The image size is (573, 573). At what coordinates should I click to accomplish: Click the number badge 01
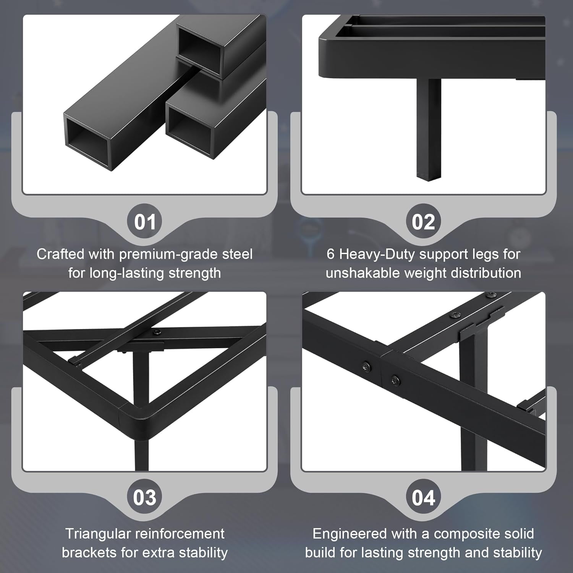pos(144,222)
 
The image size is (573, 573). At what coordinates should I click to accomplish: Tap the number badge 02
pos(423,222)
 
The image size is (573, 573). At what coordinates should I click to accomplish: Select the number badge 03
pos(144,497)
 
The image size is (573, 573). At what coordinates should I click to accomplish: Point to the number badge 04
pos(423,497)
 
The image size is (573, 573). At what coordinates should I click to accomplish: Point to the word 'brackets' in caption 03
pos(89,552)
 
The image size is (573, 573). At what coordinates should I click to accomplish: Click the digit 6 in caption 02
pos(331,254)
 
